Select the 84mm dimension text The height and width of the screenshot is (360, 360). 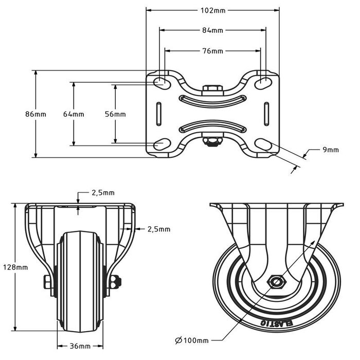point(213,31)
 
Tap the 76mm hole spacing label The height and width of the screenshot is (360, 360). point(213,51)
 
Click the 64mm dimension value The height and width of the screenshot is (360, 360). point(74,114)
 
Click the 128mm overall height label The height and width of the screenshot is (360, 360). point(16,267)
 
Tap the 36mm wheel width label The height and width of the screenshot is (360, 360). point(81,347)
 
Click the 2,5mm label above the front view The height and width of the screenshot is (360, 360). point(103,192)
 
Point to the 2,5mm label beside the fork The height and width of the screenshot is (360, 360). point(158,229)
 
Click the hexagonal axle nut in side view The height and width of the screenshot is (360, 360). point(277,282)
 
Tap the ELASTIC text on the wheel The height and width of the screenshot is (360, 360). point(277,322)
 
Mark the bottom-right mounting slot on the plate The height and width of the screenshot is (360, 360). point(264,146)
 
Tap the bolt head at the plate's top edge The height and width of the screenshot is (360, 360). point(212,89)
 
